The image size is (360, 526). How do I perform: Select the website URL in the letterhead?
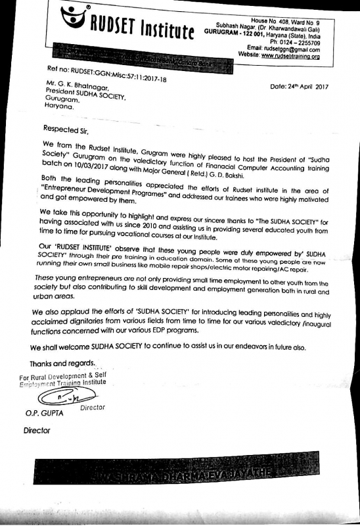click(x=300, y=57)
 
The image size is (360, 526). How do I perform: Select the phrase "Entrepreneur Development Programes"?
click(x=102, y=195)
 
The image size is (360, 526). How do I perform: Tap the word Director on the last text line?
click(x=37, y=431)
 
